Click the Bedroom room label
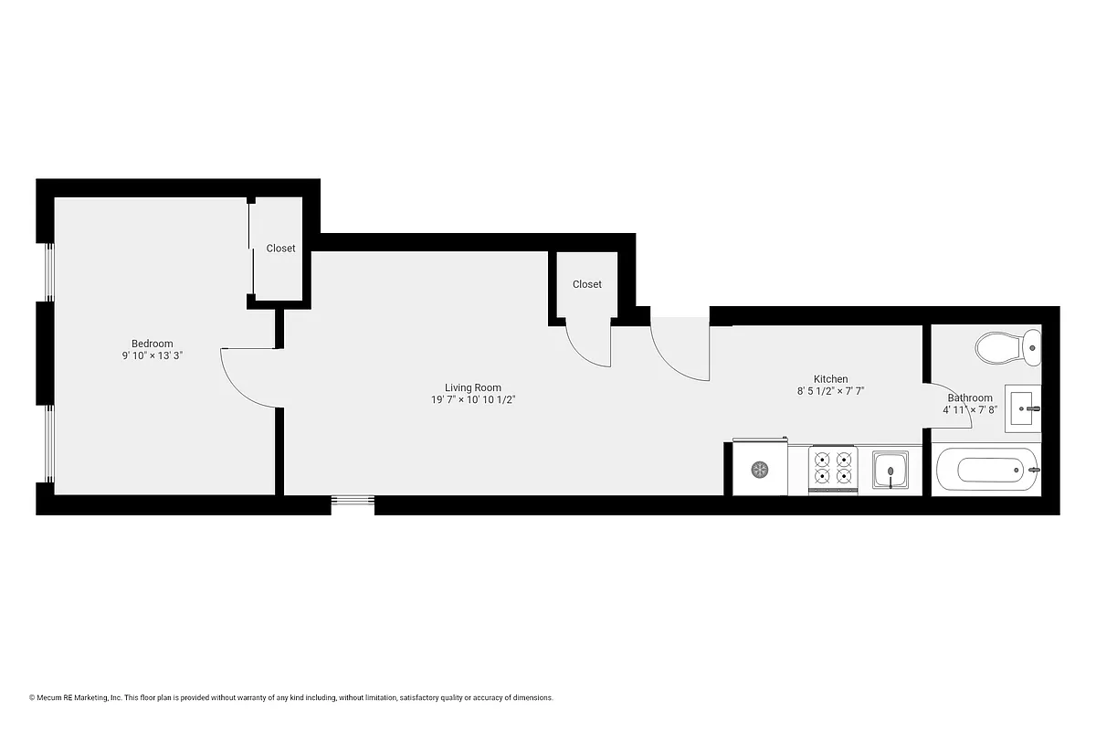point(152,344)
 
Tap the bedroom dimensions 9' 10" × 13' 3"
point(152,356)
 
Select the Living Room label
point(472,387)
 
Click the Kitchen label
point(830,379)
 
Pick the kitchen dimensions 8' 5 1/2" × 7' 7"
point(830,391)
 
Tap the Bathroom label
point(969,398)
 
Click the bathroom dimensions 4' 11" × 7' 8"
point(969,410)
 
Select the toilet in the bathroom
point(1007,346)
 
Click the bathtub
point(987,471)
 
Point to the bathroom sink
point(1023,408)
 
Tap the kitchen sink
point(890,471)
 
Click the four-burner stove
point(833,469)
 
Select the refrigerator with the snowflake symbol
point(760,470)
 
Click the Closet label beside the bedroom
point(280,249)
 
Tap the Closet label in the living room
point(587,284)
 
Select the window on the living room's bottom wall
point(353,500)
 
